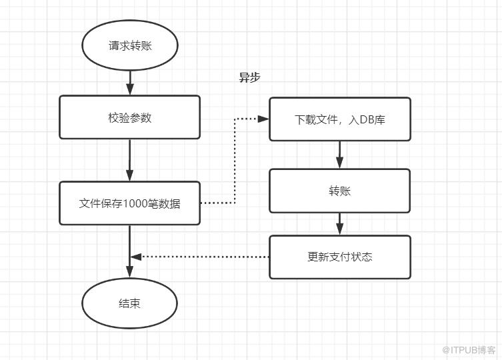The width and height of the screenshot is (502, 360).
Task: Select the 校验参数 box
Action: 129,117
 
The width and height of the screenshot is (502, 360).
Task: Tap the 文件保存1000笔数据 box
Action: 129,203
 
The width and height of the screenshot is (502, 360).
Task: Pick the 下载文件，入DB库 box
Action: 340,119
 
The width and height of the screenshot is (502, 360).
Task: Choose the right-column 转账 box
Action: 340,191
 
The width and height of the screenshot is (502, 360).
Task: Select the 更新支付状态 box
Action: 340,257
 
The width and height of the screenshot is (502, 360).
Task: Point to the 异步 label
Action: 250,77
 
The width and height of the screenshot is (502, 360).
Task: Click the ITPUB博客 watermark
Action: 469,350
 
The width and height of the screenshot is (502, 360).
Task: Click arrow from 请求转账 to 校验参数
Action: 129,83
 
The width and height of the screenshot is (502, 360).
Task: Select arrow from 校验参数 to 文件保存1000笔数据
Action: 129,160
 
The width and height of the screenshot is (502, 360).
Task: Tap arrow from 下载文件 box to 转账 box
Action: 340,155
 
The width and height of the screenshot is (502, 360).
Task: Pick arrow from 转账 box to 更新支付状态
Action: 340,224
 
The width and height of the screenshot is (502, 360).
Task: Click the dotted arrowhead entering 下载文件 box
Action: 263,119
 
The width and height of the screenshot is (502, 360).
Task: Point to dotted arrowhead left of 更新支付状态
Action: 136,257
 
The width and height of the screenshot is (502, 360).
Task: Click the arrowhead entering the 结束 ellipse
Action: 129,271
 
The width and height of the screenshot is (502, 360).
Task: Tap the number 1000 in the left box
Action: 135,204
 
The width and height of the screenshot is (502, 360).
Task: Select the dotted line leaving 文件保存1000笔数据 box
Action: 235,161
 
